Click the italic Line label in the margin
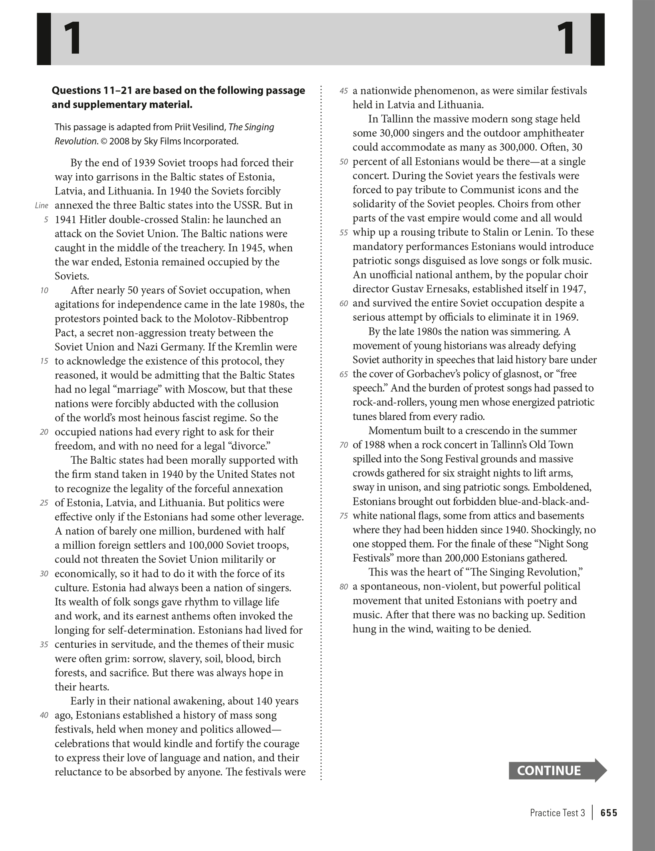click(x=42, y=206)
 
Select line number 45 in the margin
click(x=343, y=91)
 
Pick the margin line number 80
click(x=343, y=587)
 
